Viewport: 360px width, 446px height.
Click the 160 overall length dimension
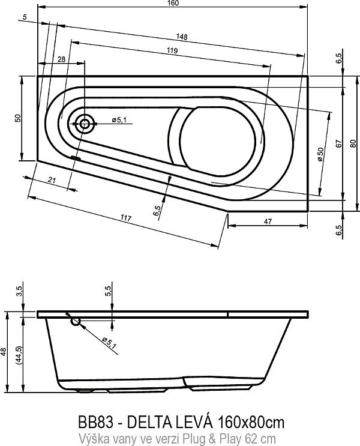[173, 3]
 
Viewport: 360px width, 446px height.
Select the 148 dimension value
[182, 37]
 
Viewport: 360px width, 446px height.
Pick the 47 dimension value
[268, 221]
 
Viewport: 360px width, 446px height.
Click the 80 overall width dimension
[353, 143]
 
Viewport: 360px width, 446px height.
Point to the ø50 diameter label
[320, 154]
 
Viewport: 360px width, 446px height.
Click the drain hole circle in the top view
[84, 125]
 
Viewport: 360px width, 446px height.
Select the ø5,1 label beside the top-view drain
[118, 121]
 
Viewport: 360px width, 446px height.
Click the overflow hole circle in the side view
[76, 322]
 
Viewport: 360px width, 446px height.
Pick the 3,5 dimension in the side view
[20, 292]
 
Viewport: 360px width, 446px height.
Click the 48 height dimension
[5, 355]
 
